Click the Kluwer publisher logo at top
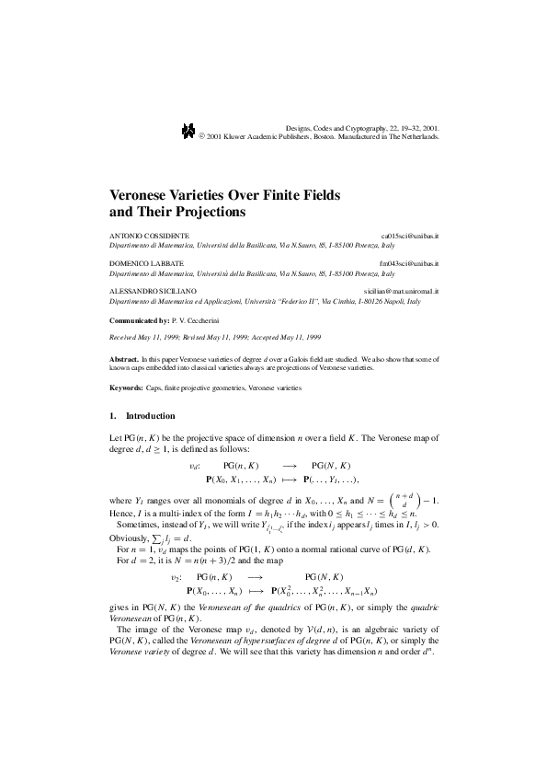[x=188, y=132]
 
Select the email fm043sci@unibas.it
[x=409, y=264]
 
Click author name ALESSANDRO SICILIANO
[x=152, y=291]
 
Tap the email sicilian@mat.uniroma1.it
[x=400, y=291]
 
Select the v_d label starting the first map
[x=190, y=467]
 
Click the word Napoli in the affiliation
[x=371, y=301]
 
